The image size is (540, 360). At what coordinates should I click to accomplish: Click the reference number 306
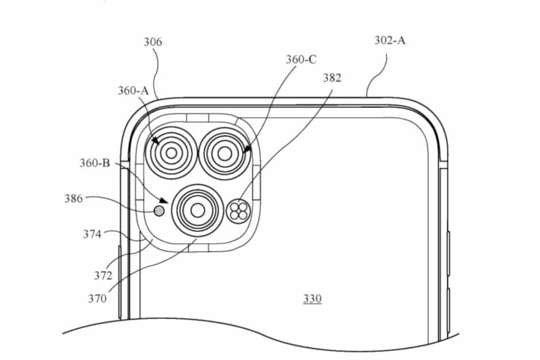click(153, 42)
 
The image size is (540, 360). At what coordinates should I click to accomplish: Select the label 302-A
click(389, 41)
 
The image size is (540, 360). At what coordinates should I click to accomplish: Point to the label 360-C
click(302, 60)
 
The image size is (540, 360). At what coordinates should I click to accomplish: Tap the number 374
click(92, 234)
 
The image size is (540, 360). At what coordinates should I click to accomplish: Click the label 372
click(103, 276)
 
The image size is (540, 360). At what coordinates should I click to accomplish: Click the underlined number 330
click(313, 299)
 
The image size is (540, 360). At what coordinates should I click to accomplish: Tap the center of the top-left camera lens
click(171, 153)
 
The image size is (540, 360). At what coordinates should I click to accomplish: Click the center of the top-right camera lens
click(222, 153)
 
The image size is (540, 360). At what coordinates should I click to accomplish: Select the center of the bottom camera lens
click(198, 210)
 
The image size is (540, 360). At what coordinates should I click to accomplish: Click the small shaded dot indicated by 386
click(159, 211)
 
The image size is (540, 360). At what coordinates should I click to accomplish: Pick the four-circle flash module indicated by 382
click(237, 211)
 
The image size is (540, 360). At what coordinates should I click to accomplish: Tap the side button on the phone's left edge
click(119, 281)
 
